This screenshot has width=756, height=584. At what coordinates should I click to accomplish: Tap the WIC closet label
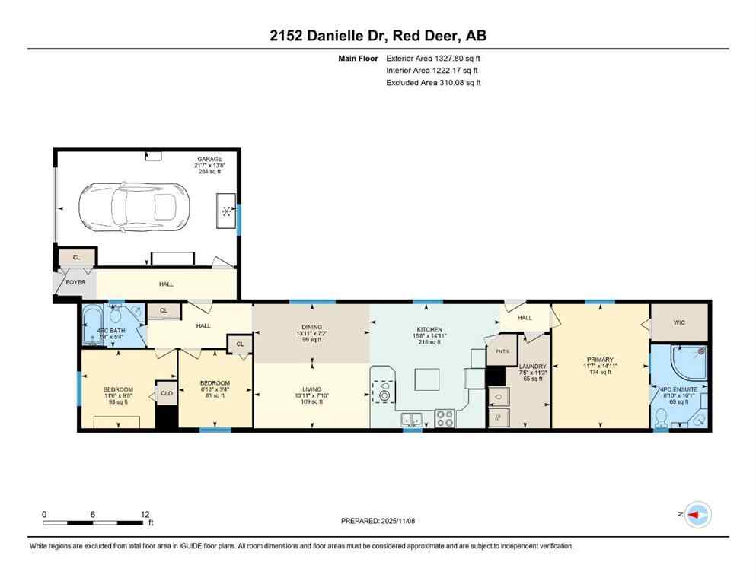pyautogui.click(x=679, y=322)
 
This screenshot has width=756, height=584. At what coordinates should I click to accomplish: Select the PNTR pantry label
pyautogui.click(x=502, y=352)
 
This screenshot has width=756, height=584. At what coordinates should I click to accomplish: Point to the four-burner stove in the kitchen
pyautogui.click(x=445, y=418)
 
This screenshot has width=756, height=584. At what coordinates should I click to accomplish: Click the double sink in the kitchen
pyautogui.click(x=412, y=419)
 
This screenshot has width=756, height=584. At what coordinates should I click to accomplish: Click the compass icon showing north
pyautogui.click(x=697, y=515)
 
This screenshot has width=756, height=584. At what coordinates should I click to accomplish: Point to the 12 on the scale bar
pyautogui.click(x=145, y=514)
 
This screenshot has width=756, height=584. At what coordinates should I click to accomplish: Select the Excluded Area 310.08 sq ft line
pyautogui.click(x=433, y=83)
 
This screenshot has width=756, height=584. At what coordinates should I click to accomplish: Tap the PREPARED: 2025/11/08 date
pyautogui.click(x=378, y=521)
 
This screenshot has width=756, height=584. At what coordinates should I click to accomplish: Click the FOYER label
pyautogui.click(x=75, y=282)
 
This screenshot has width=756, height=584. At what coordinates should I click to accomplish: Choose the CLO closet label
pyautogui.click(x=166, y=393)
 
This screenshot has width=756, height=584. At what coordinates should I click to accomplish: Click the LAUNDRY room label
pyautogui.click(x=532, y=367)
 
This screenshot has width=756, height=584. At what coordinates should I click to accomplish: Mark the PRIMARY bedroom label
pyautogui.click(x=600, y=360)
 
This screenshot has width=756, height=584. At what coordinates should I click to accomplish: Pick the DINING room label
pyautogui.click(x=312, y=328)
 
